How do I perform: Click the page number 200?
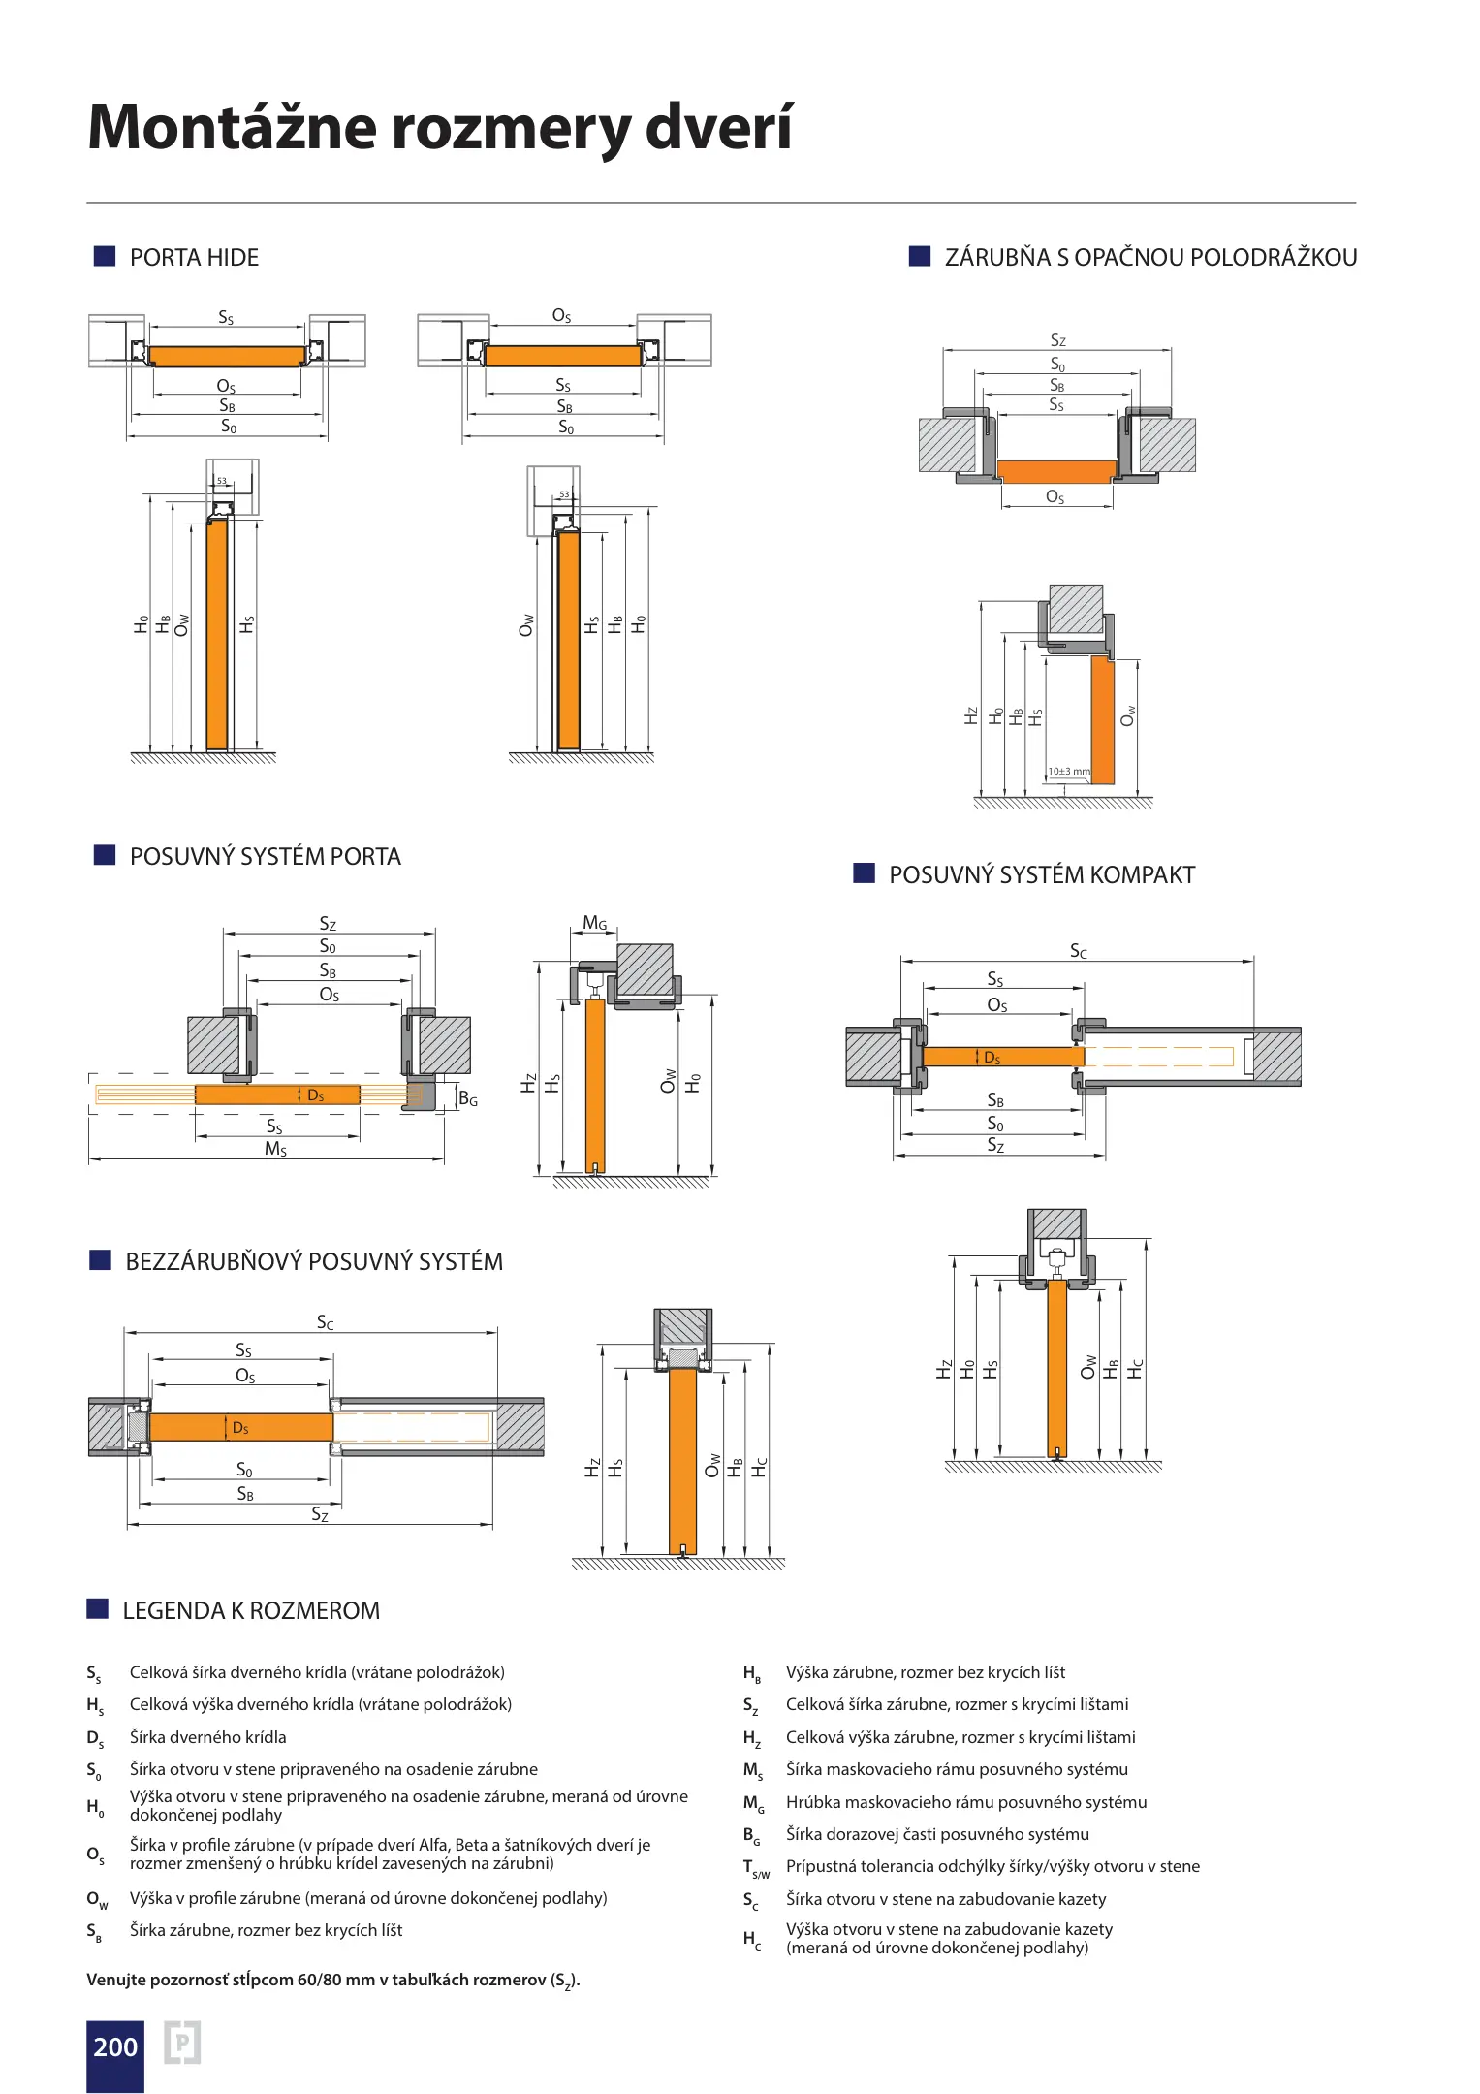pyautogui.click(x=115, y=2046)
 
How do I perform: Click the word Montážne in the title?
pyautogui.click(x=232, y=127)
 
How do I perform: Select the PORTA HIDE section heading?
pyautogui.click(x=194, y=258)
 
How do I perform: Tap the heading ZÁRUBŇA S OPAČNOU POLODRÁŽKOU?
pyautogui.click(x=1150, y=258)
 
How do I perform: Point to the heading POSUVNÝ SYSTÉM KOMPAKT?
pyautogui.click(x=1042, y=875)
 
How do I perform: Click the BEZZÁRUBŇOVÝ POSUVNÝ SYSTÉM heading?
pyautogui.click(x=314, y=1262)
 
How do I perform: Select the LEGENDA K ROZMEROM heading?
pyautogui.click(x=251, y=1611)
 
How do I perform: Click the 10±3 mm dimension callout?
pyautogui.click(x=1068, y=772)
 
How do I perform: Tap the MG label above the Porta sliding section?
pyautogui.click(x=595, y=923)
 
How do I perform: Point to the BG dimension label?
pyautogui.click(x=468, y=1099)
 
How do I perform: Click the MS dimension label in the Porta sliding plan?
pyautogui.click(x=276, y=1149)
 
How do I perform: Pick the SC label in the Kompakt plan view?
pyautogui.click(x=1078, y=951)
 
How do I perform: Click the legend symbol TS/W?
pyautogui.click(x=756, y=1868)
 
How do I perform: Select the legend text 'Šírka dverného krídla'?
pyautogui.click(x=208, y=1737)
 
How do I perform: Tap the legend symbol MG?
pyautogui.click(x=753, y=1803)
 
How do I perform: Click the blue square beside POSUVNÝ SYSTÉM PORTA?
pyautogui.click(x=104, y=855)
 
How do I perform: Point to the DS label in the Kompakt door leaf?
pyautogui.click(x=992, y=1058)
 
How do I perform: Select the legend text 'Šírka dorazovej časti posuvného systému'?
pyautogui.click(x=937, y=1834)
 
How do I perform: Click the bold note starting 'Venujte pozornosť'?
pyautogui.click(x=332, y=1980)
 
